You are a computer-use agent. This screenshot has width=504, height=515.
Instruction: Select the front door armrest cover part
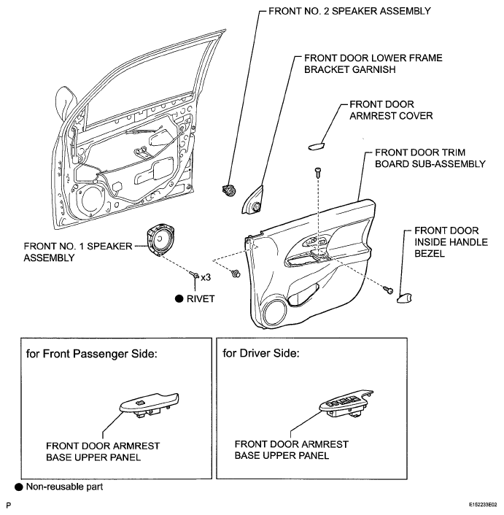click(317, 146)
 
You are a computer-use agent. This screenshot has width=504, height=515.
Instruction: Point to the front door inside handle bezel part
click(404, 298)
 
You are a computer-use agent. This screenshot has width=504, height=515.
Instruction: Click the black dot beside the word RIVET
click(179, 298)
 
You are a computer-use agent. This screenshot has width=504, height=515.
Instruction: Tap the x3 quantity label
click(206, 277)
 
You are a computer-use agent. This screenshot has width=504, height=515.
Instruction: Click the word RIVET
click(201, 299)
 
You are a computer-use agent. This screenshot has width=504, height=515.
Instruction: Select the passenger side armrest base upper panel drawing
click(150, 406)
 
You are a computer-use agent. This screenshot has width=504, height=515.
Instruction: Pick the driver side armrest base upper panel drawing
click(346, 404)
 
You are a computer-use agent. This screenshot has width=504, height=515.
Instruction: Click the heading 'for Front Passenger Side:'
click(92, 354)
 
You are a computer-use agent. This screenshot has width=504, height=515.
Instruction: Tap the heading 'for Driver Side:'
click(261, 353)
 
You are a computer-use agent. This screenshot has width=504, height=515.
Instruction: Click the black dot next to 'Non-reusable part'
click(19, 487)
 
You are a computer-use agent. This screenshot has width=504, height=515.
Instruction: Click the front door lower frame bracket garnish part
click(253, 201)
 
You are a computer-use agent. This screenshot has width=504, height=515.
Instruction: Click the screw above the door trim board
click(317, 172)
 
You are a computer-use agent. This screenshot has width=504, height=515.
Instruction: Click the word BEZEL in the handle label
click(430, 254)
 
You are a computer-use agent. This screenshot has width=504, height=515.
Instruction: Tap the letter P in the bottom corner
click(9, 505)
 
